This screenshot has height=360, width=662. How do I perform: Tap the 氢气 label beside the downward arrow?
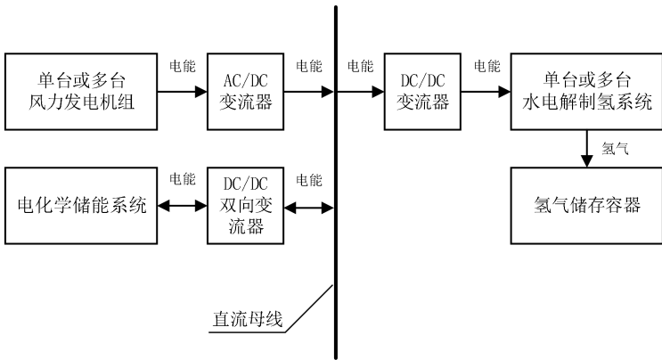point(615,148)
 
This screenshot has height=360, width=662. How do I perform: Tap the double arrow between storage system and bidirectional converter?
point(182,207)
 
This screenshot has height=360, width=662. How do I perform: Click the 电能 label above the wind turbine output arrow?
point(183,65)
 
